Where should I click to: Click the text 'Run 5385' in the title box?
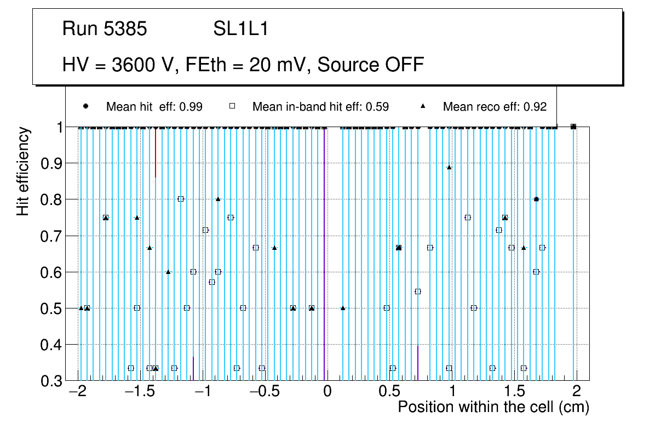pos(105,29)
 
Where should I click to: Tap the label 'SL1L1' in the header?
pos(241,29)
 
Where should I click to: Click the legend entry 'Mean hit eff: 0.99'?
pos(154,107)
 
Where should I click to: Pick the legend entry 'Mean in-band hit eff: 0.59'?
pos(320,107)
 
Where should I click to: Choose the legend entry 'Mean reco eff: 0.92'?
pos(495,107)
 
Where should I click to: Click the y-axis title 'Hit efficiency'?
pos(23,172)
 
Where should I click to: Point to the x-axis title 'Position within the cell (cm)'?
pos(493,407)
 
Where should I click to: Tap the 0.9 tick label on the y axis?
pos(51,163)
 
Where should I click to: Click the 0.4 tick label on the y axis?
pos(51,345)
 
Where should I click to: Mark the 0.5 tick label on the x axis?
pos(390,392)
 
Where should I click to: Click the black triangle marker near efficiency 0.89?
pos(449,167)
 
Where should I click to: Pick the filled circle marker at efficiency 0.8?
pos(536,199)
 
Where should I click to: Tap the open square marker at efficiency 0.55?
pos(418,291)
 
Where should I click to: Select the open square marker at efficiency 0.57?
pos(212,282)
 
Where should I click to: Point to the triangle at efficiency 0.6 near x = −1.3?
pos(168,272)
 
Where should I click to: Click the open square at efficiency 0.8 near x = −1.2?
pos(181,199)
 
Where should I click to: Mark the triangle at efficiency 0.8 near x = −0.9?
pos(218,199)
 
